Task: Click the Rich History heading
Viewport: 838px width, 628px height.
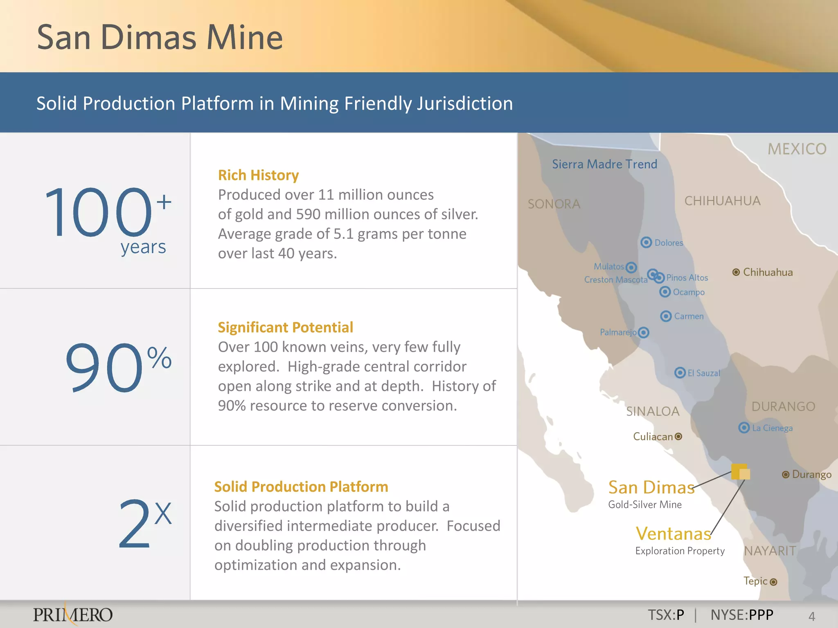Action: coord(258,175)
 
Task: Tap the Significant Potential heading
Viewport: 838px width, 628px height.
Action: coord(285,327)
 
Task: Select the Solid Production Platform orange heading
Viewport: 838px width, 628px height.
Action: coord(301,487)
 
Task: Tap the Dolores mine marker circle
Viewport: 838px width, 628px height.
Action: coord(646,242)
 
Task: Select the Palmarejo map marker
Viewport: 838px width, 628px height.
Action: coord(644,332)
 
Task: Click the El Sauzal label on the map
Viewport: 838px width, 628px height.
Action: coord(703,373)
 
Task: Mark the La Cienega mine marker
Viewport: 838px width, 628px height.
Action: coord(744,428)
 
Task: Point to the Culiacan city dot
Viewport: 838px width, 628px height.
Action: coord(678,436)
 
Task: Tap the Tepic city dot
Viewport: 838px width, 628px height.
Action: coord(773,582)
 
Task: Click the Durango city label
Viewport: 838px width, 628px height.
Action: coord(812,474)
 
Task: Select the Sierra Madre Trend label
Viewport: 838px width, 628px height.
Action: coord(604,164)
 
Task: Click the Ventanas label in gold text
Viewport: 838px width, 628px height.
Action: coord(674,534)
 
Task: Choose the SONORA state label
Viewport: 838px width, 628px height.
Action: coord(554,204)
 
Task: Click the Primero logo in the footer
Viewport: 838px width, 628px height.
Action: coord(73,615)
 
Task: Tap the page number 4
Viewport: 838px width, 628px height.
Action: coord(812,616)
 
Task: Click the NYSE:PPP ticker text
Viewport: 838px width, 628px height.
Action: coord(742,615)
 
